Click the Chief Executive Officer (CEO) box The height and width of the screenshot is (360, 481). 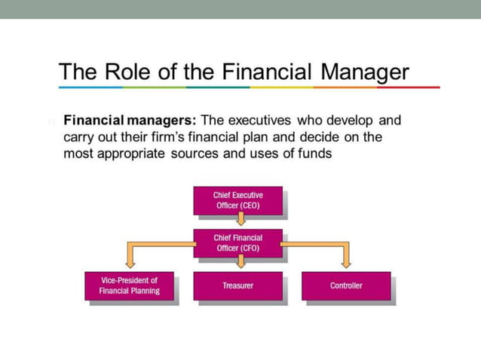coord(237,200)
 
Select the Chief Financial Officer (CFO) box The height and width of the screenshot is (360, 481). coord(237,243)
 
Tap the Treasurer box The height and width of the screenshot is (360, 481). coord(237,285)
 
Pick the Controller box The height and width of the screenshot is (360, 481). coord(346,285)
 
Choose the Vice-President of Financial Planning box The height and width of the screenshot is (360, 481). coord(130,286)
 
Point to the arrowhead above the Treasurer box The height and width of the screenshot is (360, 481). coord(240,263)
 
